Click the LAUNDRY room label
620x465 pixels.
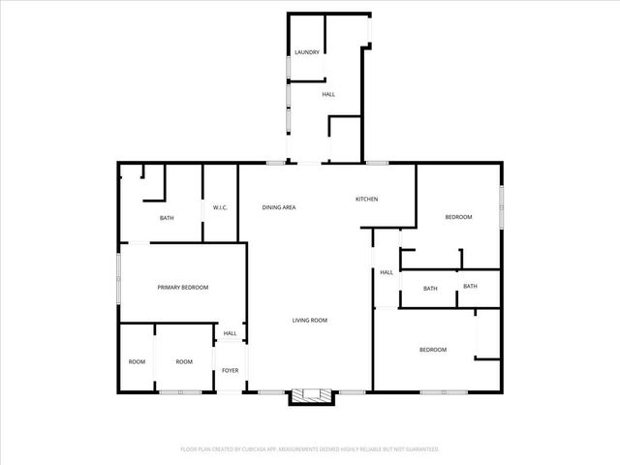[x=307, y=52]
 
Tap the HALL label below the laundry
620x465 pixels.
[x=328, y=94]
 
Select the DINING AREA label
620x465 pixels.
[x=279, y=207]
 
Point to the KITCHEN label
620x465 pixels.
[x=366, y=200]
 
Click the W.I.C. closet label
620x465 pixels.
[x=220, y=207]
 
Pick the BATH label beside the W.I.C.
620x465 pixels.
[x=167, y=218]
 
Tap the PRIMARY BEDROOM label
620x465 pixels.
[x=183, y=287]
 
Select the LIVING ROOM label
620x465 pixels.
[x=311, y=320]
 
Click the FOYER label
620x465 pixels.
[x=231, y=371]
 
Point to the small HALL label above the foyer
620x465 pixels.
[x=231, y=333]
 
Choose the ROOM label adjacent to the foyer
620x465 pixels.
[x=184, y=361]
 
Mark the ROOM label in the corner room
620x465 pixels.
[x=137, y=361]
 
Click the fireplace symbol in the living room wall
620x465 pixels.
[x=311, y=395]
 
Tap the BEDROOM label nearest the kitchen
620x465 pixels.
[x=458, y=217]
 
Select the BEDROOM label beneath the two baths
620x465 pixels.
[x=433, y=349]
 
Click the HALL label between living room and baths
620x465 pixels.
[x=387, y=272]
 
